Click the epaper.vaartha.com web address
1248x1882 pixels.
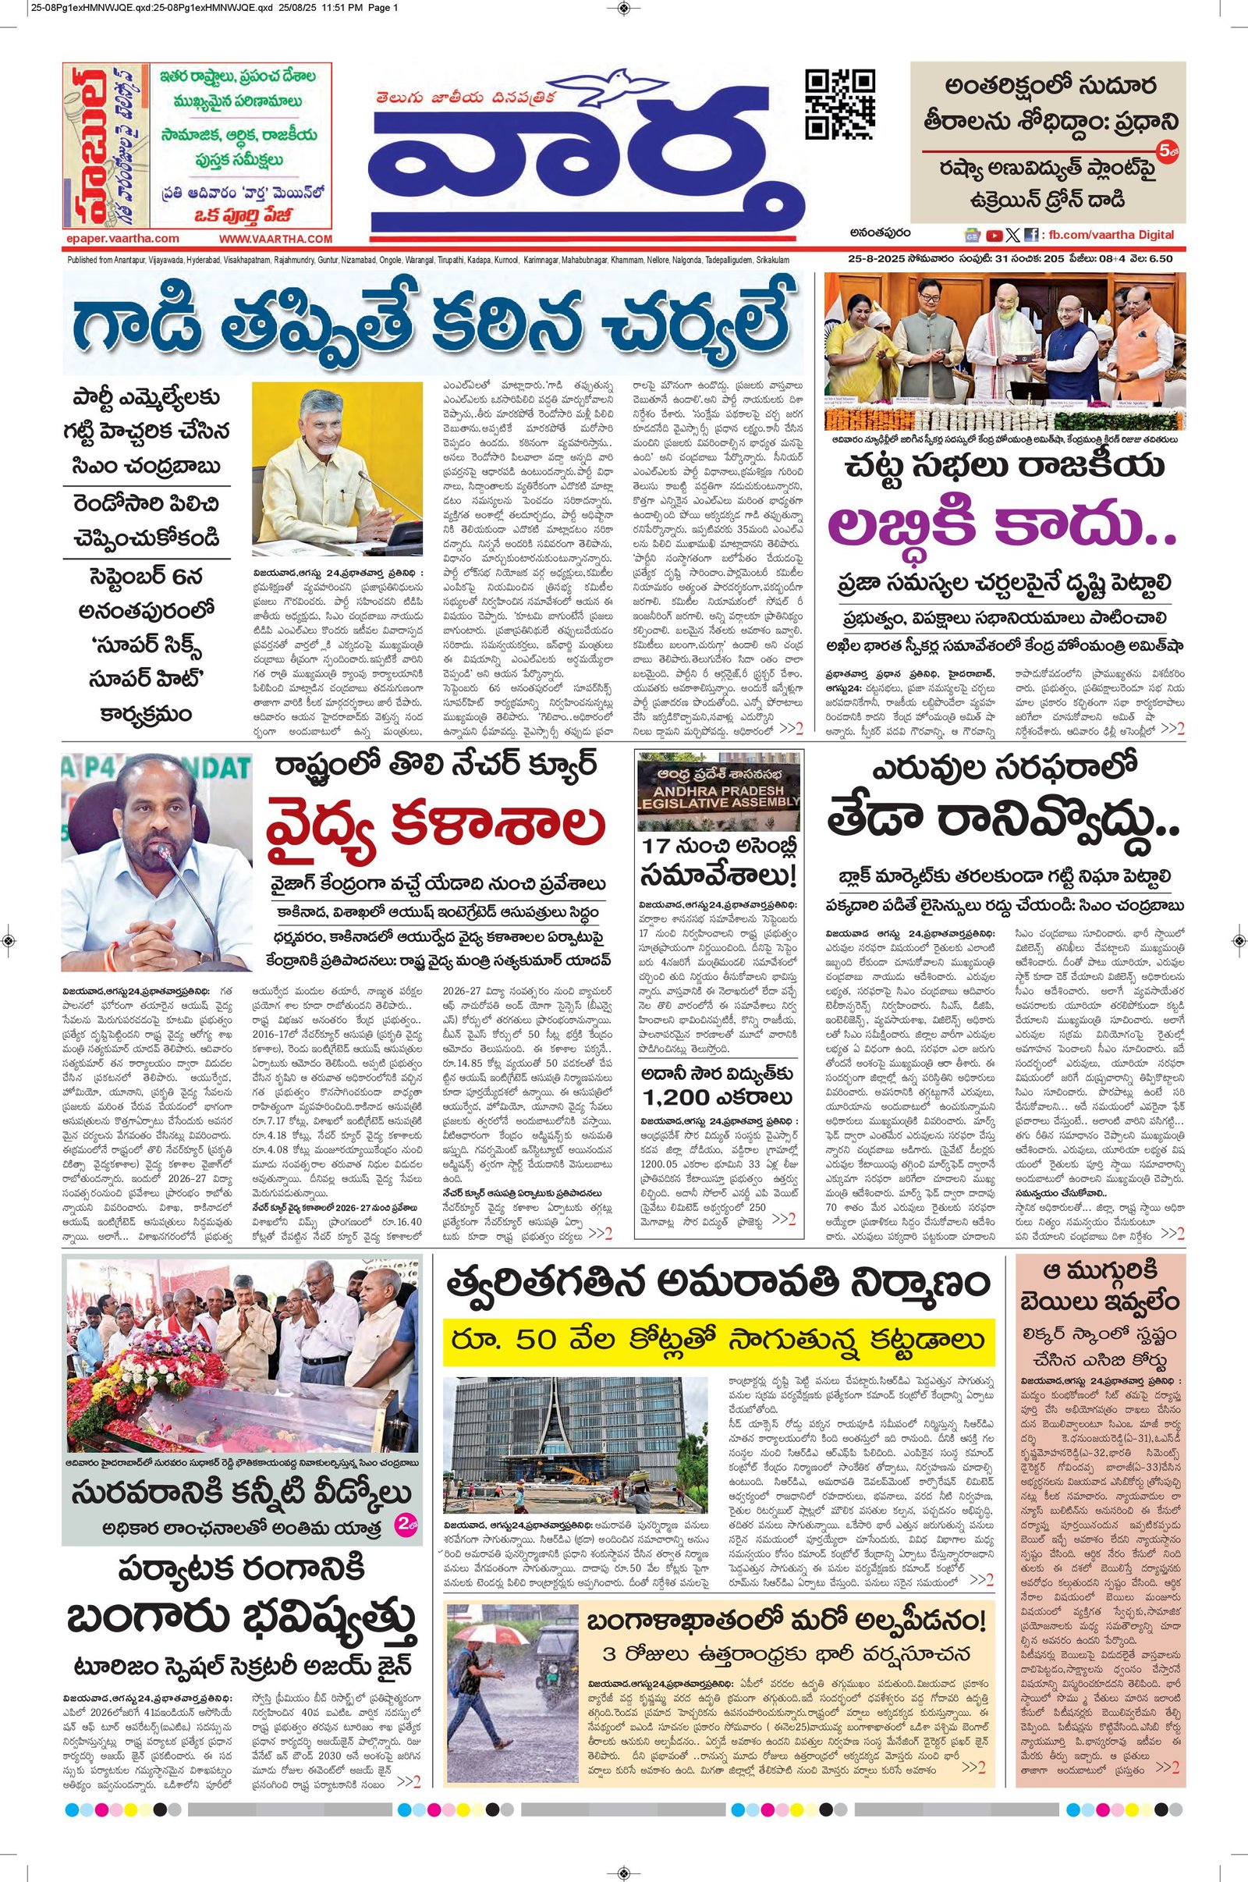click(122, 238)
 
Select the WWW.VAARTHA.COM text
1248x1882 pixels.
click(275, 239)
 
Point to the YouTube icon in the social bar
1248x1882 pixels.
click(993, 235)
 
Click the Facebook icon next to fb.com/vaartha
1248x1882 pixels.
click(1031, 235)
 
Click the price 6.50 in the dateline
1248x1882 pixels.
click(1161, 259)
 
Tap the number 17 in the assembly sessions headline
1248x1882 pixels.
click(659, 847)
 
